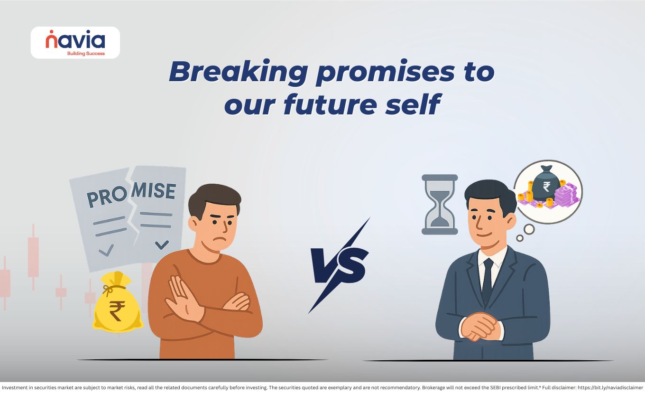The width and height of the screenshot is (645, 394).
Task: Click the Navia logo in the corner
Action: click(75, 43)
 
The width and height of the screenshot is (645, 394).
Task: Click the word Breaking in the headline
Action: click(239, 72)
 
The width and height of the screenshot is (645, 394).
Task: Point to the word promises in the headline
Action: click(385, 73)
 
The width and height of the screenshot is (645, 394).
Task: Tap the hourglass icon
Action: click(439, 204)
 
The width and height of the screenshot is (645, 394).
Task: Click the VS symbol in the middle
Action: click(339, 266)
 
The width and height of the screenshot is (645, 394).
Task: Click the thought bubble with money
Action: click(548, 192)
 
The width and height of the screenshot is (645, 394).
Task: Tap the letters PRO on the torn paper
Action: click(107, 197)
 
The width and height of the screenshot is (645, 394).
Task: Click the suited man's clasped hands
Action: click(480, 327)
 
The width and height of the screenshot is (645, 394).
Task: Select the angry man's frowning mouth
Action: click(221, 239)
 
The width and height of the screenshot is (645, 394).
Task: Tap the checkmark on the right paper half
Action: click(162, 244)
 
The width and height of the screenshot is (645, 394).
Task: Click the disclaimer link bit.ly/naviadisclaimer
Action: click(610, 388)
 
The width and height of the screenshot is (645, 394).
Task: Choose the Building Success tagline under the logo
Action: click(86, 53)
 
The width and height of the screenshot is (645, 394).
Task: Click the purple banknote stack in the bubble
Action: click(566, 195)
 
